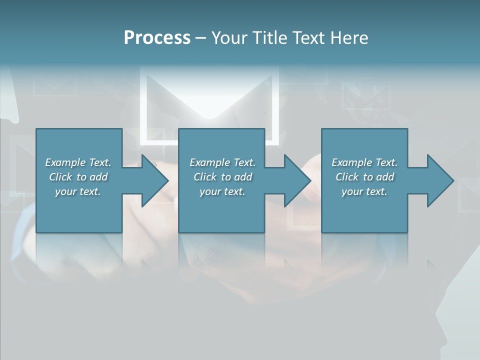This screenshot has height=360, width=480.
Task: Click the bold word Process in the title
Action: pyautogui.click(x=157, y=38)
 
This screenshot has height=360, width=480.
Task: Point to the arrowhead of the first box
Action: pyautogui.click(x=153, y=180)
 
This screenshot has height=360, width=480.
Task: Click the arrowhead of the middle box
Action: pyautogui.click(x=295, y=180)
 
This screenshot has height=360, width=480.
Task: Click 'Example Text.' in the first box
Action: pyautogui.click(x=78, y=162)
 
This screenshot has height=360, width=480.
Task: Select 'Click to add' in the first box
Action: pyautogui.click(x=78, y=177)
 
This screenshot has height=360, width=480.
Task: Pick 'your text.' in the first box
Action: pyautogui.click(x=78, y=191)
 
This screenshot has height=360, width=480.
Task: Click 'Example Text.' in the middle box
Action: pyautogui.click(x=222, y=162)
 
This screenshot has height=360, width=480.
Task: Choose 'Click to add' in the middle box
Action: pyautogui.click(x=222, y=177)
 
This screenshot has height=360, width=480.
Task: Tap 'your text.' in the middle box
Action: pyautogui.click(x=222, y=191)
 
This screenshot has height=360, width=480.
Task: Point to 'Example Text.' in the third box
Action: pyautogui.click(x=364, y=162)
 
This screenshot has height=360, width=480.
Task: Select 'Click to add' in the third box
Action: pyautogui.click(x=364, y=177)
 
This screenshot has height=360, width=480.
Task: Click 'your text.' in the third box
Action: pyautogui.click(x=364, y=191)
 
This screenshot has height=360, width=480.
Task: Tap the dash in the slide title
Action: pyautogui.click(x=200, y=38)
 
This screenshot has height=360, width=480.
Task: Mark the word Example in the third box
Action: pyautogui.click(x=351, y=162)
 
